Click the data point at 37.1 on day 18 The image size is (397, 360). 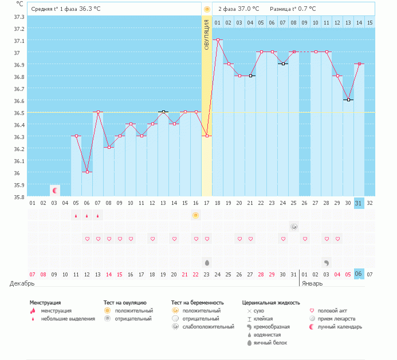click(218, 39)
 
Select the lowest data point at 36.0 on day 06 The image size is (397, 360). click(87, 172)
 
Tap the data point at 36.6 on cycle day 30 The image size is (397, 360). click(348, 100)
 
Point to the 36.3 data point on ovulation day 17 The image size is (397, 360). click(207, 136)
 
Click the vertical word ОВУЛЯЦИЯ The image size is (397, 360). click(207, 34)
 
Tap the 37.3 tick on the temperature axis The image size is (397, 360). click(19, 17)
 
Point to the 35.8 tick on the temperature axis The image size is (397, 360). click(19, 197)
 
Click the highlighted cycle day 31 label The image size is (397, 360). click(359, 203)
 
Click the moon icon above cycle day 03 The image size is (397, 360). click(55, 191)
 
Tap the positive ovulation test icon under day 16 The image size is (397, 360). click(196, 215)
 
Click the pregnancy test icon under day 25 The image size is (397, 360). click(294, 227)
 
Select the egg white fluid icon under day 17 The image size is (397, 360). click(207, 263)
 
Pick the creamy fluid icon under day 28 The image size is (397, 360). click(327, 263)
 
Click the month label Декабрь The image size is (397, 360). click(22, 283)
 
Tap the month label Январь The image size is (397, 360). click(312, 283)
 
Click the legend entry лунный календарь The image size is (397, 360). click(340, 327)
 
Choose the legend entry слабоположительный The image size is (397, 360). click(208, 327)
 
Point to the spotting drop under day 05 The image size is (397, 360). click(76, 216)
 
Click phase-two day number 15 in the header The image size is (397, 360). click(370, 23)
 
